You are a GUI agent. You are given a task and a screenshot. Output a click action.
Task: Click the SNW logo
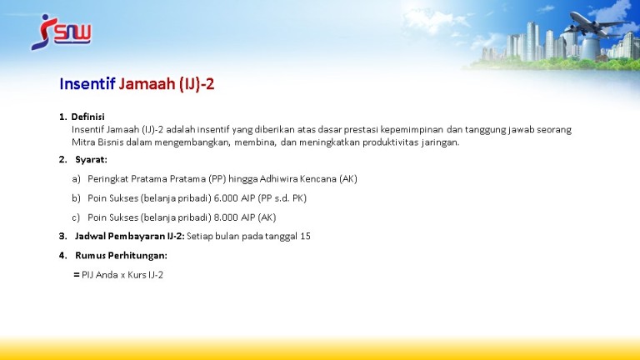tap(61, 32)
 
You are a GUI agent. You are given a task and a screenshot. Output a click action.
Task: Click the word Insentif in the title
tap(87, 83)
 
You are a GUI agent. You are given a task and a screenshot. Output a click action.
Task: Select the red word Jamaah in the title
tap(147, 83)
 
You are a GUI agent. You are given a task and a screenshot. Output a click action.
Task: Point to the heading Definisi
tap(87, 117)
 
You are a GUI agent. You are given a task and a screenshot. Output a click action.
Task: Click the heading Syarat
tap(91, 160)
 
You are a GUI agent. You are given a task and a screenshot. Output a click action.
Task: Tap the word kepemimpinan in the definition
tap(412, 130)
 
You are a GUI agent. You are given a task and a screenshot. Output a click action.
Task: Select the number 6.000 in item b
tap(226, 198)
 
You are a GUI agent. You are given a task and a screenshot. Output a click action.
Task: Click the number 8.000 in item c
tap(226, 217)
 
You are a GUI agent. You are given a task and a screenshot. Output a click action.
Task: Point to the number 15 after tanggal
tap(305, 237)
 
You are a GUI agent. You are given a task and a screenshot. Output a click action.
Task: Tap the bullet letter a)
tap(77, 179)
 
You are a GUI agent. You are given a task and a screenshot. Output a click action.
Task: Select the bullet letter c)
tap(76, 217)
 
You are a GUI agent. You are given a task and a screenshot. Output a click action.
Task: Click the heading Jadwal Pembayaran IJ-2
tap(130, 237)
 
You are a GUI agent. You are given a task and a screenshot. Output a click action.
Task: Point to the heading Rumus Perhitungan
tap(121, 256)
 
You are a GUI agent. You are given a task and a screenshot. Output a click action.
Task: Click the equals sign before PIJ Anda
tap(77, 275)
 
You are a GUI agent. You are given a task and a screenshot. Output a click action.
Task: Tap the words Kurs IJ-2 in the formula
tap(145, 275)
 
